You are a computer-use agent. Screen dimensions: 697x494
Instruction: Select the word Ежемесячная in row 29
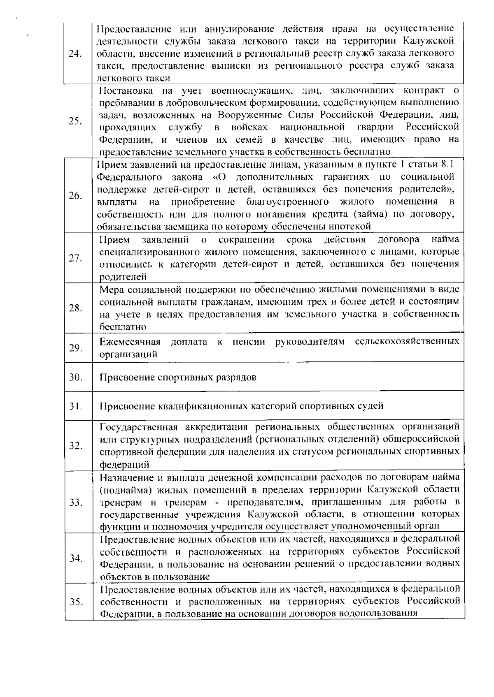[x=130, y=342]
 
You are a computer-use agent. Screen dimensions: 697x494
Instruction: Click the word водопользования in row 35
[x=380, y=614]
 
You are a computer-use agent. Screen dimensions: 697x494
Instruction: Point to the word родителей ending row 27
[x=123, y=277]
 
